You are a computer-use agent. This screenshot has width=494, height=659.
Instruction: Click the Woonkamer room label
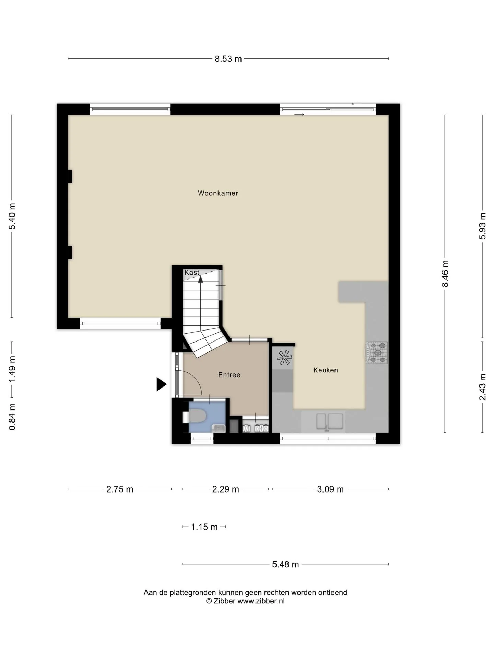tap(218, 193)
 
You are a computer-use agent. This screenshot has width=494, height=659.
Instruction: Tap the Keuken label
tap(326, 370)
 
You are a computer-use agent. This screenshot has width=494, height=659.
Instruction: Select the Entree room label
tap(229, 375)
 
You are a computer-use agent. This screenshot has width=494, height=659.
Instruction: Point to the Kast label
tap(192, 273)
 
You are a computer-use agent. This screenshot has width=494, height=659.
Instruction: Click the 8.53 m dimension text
tap(228, 59)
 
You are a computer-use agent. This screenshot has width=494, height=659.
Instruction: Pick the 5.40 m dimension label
tap(12, 216)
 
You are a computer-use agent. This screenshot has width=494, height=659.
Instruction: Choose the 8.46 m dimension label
tap(445, 274)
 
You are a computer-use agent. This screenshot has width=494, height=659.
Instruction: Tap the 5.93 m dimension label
tap(483, 226)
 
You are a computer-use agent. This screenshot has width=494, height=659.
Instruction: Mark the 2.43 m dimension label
tap(483, 387)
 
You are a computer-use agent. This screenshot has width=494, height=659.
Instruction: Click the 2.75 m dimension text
tap(120, 489)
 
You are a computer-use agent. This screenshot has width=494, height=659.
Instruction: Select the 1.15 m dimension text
tap(204, 527)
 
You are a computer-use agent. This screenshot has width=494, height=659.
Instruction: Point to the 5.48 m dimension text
tap(285, 564)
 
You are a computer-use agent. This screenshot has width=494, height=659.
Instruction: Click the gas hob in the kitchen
tap(377, 352)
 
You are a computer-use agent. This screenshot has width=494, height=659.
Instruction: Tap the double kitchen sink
tap(330, 421)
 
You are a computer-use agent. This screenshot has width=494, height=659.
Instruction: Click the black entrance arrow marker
tap(162, 384)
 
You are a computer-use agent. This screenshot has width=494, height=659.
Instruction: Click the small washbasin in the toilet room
tap(219, 428)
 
